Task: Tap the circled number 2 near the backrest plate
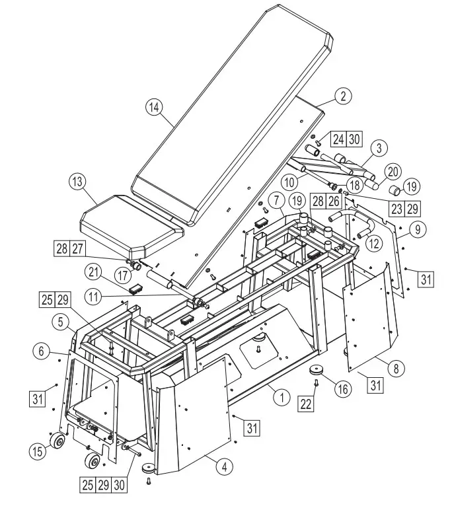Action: coord(342,96)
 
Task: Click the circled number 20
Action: coord(393,171)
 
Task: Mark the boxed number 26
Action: coord(334,200)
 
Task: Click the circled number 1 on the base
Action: coord(282,398)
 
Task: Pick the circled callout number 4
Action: coord(224,467)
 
